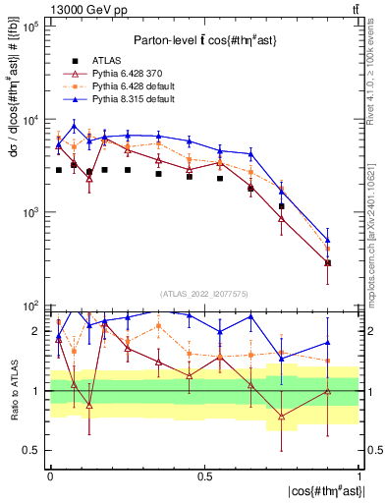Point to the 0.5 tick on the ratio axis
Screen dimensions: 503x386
pos(34,450)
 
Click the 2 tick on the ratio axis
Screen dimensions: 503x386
pos(37,331)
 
